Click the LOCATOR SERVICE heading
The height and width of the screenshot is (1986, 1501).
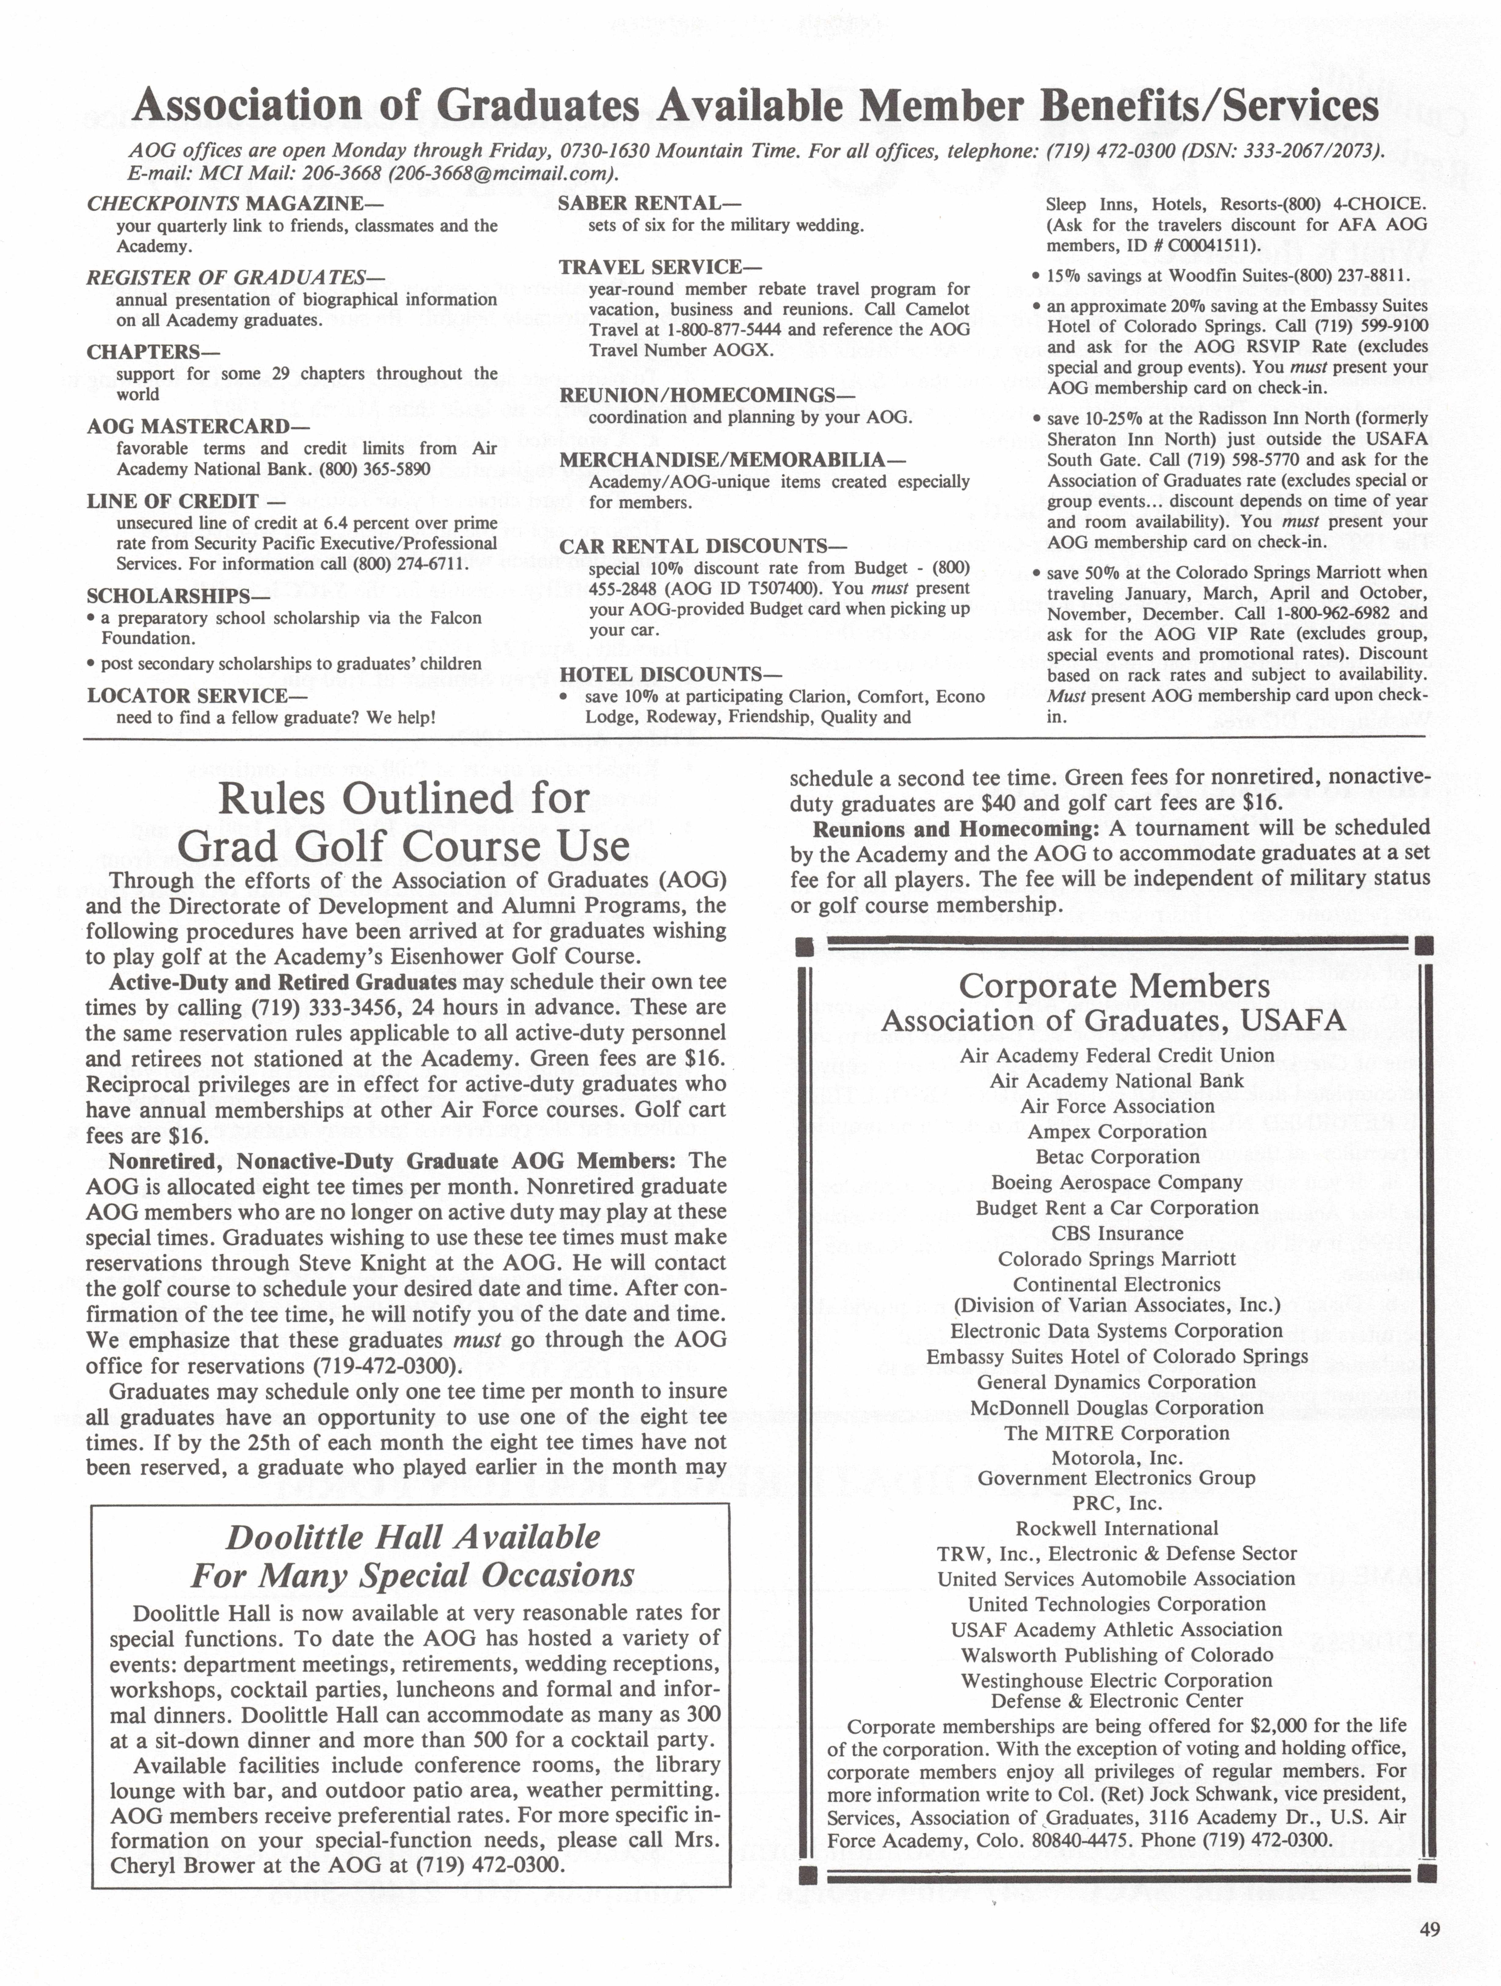pos(197,695)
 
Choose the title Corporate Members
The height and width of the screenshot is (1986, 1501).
pos(1114,986)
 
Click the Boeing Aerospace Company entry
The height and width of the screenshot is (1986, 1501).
pos(1117,1182)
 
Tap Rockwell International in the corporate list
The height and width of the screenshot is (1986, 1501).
pos(1117,1528)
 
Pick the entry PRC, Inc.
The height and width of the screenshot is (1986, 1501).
pos(1117,1503)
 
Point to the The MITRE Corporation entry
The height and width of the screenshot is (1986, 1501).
pos(1117,1433)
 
